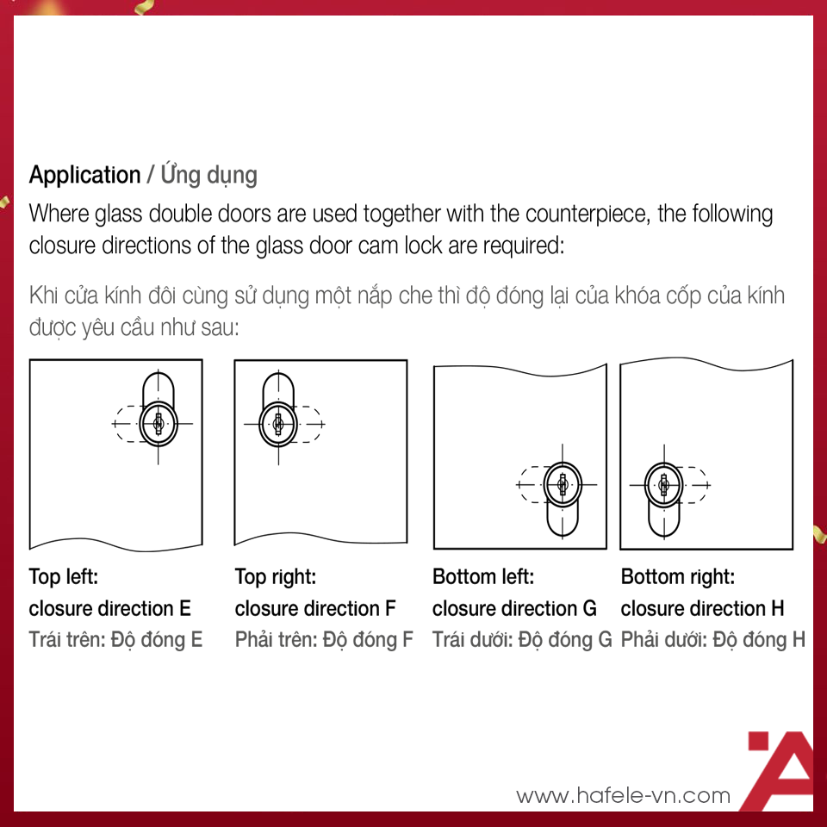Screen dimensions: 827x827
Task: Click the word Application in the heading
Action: [85, 176]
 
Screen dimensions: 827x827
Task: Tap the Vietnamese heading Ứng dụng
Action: [208, 174]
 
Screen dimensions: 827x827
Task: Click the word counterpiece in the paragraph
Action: [588, 215]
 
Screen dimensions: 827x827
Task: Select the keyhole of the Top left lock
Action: [159, 424]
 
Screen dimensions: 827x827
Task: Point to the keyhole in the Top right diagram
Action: [278, 424]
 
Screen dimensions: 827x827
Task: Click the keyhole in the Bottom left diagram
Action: [563, 484]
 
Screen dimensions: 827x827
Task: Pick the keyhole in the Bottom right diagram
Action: [664, 484]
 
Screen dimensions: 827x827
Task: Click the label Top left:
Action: [63, 576]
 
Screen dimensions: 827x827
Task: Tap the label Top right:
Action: [276, 576]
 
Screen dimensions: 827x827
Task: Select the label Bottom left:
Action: [483, 576]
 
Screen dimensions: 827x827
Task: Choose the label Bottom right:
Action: [678, 576]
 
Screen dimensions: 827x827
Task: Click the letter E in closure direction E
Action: [184, 609]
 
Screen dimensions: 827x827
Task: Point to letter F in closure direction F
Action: [390, 609]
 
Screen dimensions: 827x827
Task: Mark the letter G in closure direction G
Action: [589, 609]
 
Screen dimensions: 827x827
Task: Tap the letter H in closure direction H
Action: [777, 609]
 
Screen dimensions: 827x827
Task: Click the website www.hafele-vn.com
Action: [624, 795]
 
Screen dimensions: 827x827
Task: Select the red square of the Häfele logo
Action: [759, 741]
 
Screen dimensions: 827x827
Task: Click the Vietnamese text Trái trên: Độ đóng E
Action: [115, 640]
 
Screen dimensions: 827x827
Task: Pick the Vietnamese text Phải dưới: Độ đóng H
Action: [713, 640]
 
